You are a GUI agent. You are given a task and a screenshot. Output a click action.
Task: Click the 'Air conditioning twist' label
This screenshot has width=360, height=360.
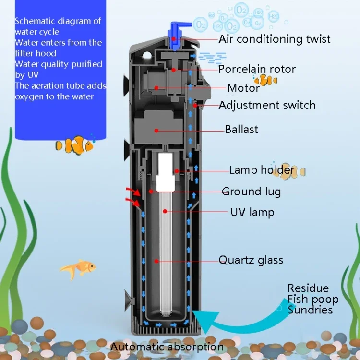tap(275, 39)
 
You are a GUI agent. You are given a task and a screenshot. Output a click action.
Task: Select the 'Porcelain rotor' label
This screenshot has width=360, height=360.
tap(257, 69)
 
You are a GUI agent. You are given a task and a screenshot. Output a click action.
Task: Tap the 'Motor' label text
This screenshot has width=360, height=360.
tap(243, 88)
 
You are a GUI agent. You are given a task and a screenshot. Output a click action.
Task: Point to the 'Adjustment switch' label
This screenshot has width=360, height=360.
tap(267, 105)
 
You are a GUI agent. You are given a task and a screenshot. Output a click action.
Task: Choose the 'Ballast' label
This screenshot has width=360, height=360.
tap(241, 130)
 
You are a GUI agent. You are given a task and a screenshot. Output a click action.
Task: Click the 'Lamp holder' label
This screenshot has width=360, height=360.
tap(261, 170)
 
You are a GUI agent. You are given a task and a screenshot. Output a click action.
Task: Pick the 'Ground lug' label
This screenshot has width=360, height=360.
tap(251, 192)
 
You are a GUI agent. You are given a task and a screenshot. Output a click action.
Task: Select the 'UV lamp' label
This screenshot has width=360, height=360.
tap(252, 212)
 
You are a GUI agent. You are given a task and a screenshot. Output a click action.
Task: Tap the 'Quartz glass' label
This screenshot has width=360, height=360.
tap(251, 261)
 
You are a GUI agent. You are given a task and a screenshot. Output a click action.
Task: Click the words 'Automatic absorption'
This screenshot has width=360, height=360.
tap(167, 347)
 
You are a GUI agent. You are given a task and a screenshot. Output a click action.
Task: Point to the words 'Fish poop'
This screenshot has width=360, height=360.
tap(313, 300)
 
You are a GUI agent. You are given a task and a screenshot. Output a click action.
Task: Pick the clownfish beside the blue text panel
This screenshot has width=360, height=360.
tap(74, 145)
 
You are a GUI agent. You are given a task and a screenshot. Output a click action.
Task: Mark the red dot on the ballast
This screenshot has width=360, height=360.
tap(156, 130)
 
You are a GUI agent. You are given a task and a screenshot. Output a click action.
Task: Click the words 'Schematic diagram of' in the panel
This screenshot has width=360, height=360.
tap(57, 21)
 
